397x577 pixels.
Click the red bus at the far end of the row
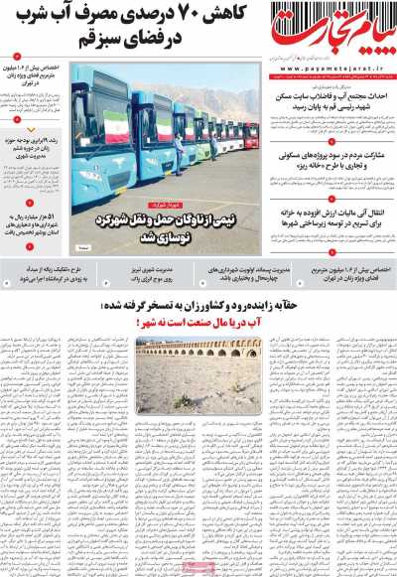[251, 134]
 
